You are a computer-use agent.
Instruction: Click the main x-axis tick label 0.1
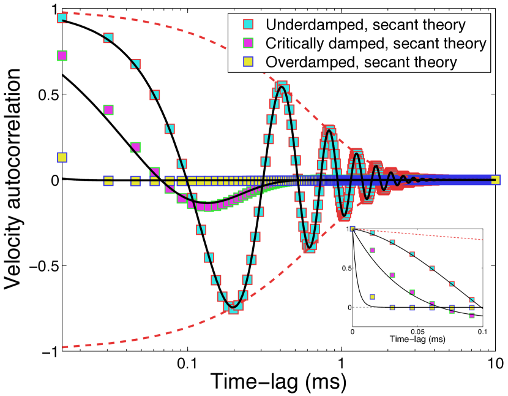click(x=187, y=362)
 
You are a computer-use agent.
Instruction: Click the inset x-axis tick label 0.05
click(x=417, y=330)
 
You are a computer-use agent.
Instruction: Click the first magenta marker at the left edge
click(x=62, y=55)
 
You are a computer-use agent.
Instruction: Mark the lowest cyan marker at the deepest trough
click(x=233, y=308)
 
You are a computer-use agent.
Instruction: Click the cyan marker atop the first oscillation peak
click(x=282, y=86)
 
